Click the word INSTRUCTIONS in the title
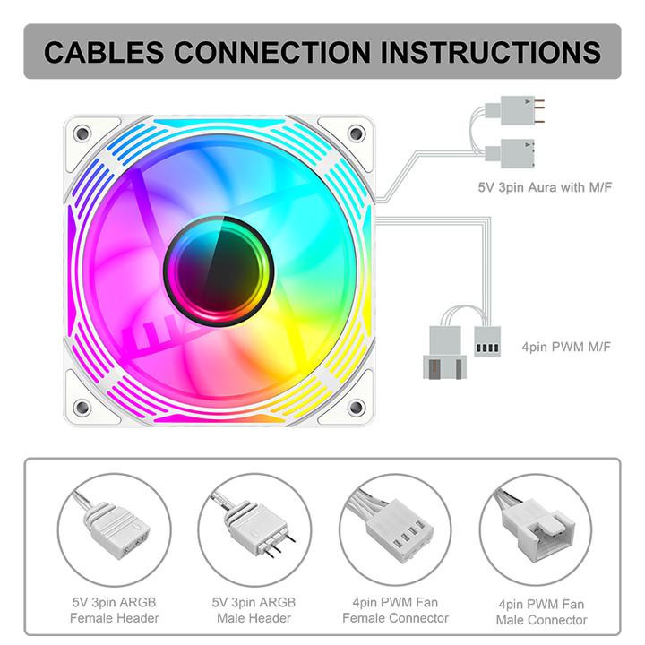(491, 51)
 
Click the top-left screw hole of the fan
(82, 133)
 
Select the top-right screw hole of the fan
(356, 133)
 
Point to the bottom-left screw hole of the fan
(82, 408)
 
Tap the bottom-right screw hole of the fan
(356, 408)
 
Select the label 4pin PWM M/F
(566, 345)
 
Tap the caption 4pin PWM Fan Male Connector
(543, 611)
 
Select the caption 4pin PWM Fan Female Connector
(396, 610)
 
